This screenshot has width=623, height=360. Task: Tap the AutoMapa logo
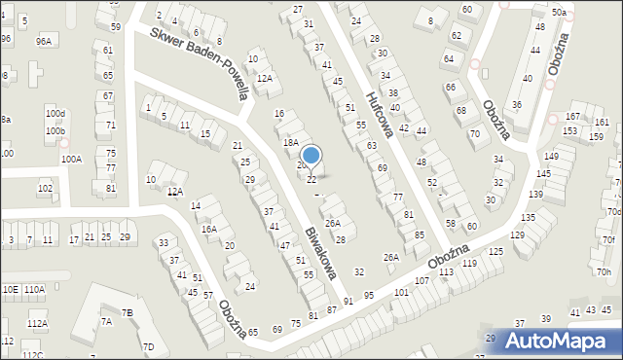[559, 341]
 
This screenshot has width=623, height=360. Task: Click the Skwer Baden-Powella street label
[202, 62]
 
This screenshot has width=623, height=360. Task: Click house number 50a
[559, 13]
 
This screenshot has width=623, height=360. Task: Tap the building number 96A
[44, 41]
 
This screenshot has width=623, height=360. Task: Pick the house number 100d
[55, 114]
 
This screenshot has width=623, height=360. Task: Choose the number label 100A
[71, 159]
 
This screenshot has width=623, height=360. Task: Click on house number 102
[45, 188]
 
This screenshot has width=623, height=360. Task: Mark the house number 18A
[290, 142]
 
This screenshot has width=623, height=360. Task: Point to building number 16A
[209, 230]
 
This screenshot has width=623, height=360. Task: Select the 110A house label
[34, 290]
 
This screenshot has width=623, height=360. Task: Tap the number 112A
[37, 323]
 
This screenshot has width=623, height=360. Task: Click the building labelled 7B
[128, 313]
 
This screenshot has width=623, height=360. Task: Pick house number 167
[572, 118]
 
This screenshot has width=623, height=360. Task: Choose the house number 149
[552, 157]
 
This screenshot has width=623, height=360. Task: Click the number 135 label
[529, 218]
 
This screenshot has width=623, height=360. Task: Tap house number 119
[470, 264]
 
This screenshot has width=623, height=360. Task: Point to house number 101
[401, 293]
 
